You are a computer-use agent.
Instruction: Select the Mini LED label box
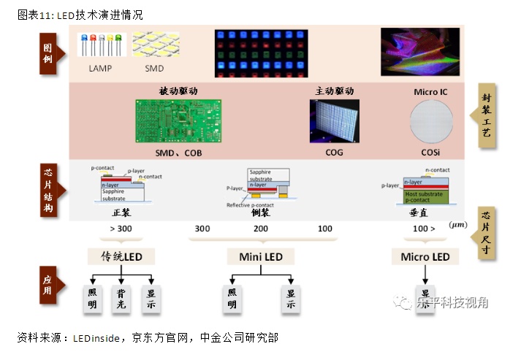click(261, 256)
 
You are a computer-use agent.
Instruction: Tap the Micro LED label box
click(425, 256)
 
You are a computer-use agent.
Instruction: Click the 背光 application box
click(121, 299)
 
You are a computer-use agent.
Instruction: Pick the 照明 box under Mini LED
click(232, 299)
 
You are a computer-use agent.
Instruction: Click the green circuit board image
click(178, 121)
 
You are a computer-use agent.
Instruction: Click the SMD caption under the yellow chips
click(154, 68)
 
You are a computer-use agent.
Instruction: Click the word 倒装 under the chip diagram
click(261, 213)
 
